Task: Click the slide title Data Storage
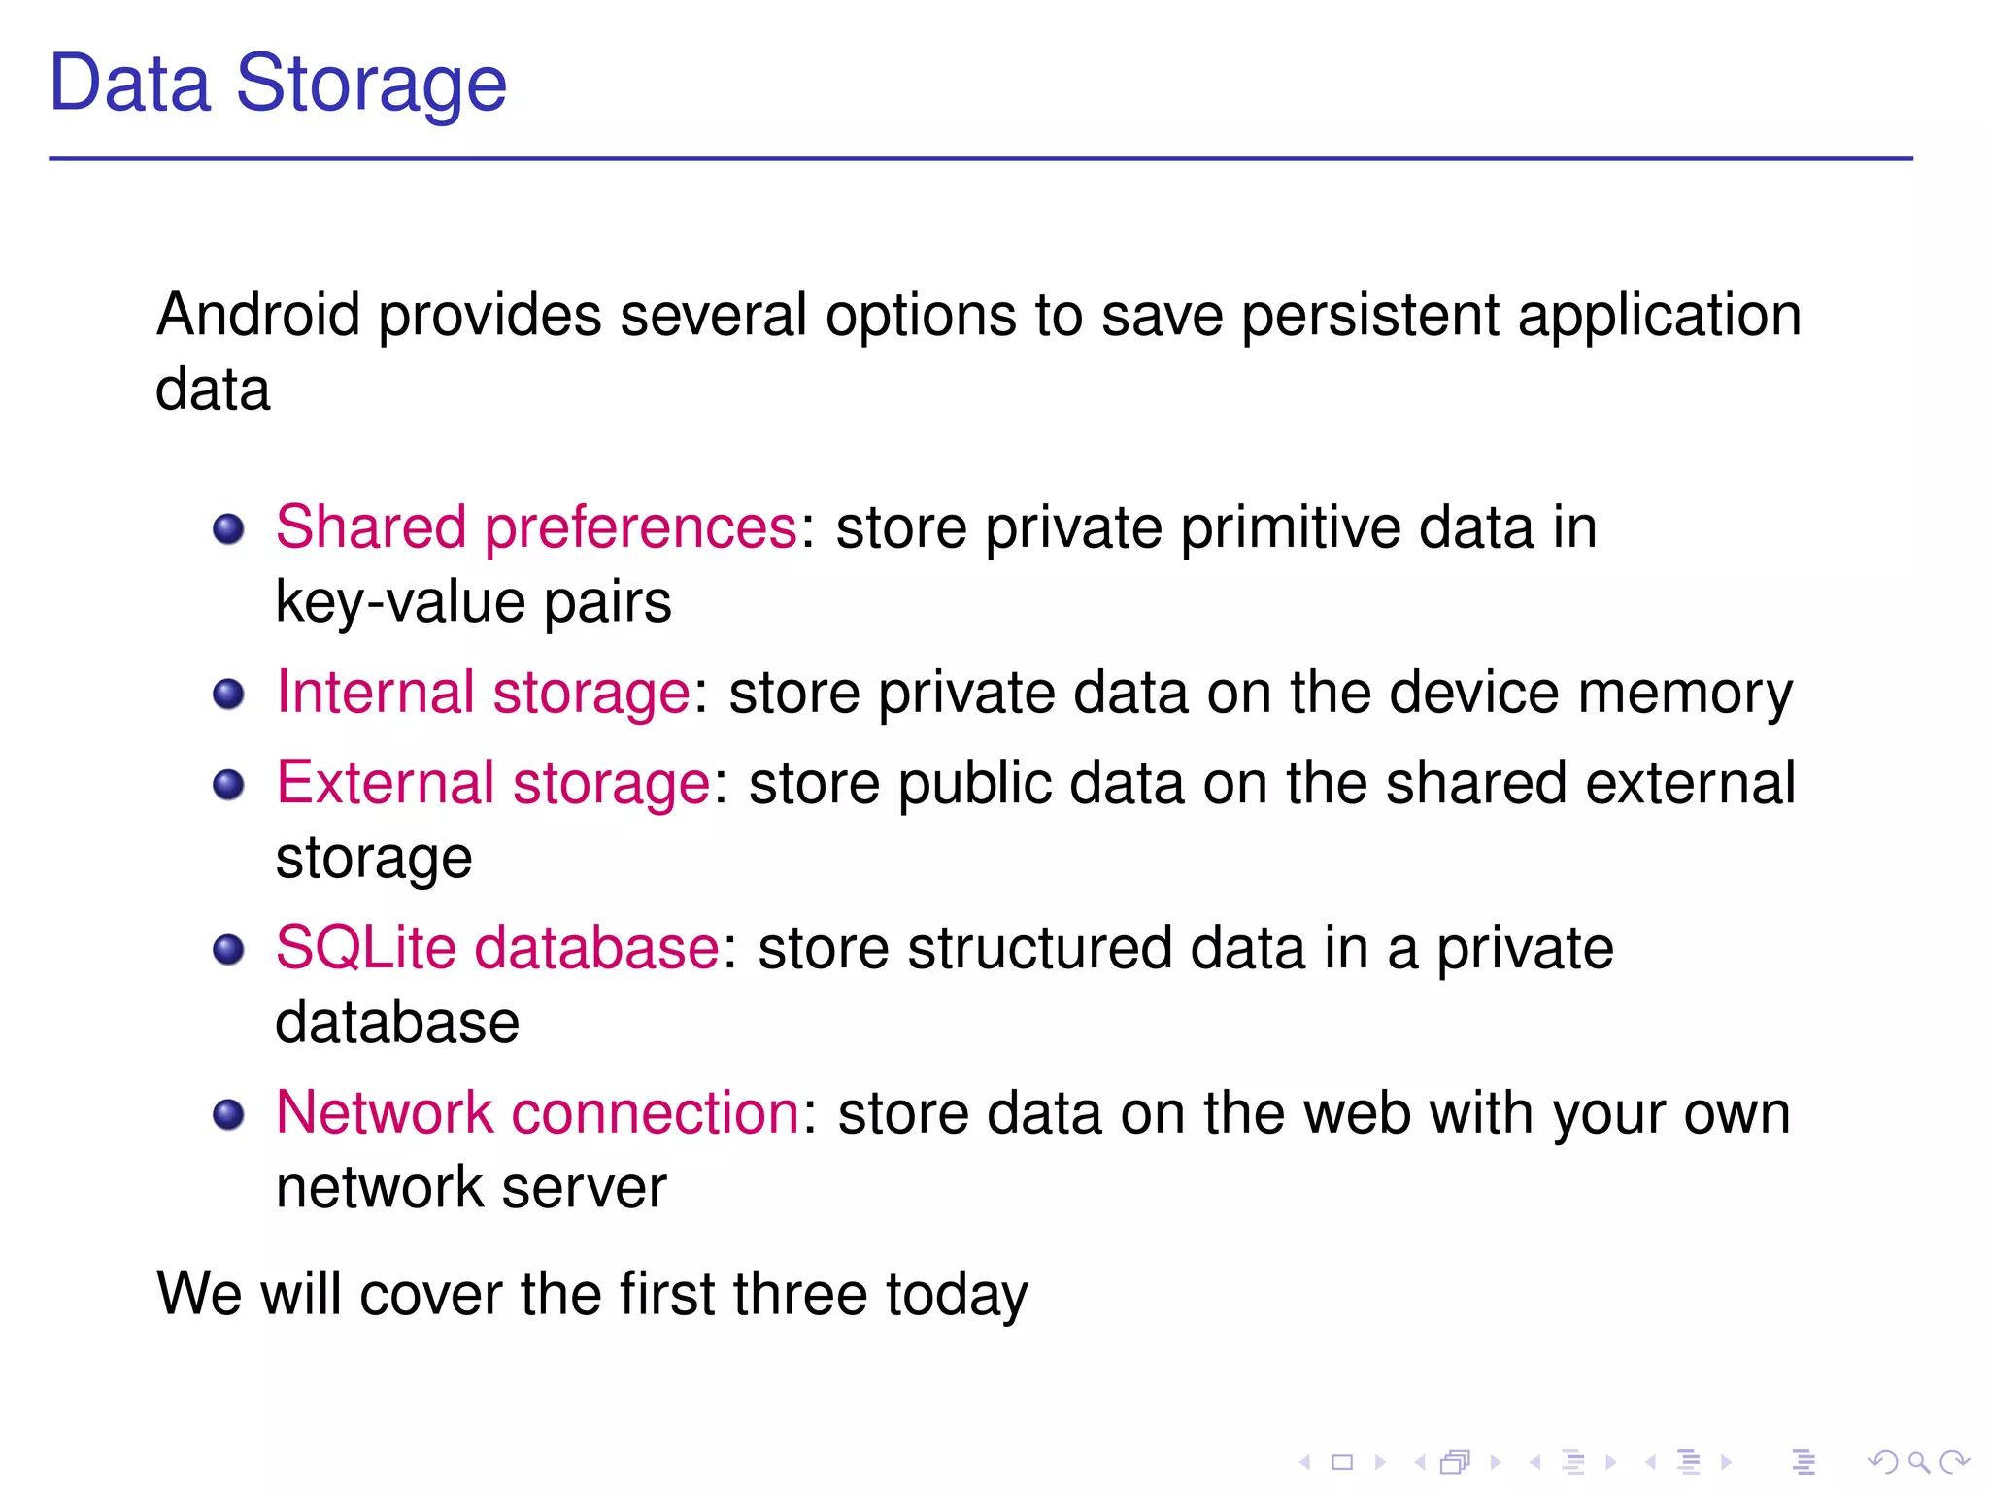pyautogui.click(x=278, y=84)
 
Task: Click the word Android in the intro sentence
pyautogui.click(x=257, y=316)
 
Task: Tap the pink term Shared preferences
pyautogui.click(x=536, y=528)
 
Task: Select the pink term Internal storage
pyautogui.click(x=484, y=694)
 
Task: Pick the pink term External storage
pyautogui.click(x=493, y=784)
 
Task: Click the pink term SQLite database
pyautogui.click(x=497, y=949)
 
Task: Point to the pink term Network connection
pyautogui.click(x=537, y=1113)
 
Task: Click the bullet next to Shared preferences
pyautogui.click(x=228, y=529)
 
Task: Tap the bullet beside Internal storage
pyautogui.click(x=228, y=695)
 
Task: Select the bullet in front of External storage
pyautogui.click(x=228, y=785)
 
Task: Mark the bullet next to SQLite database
pyautogui.click(x=228, y=950)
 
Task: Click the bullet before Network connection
pyautogui.click(x=228, y=1114)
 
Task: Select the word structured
pyautogui.click(x=1039, y=949)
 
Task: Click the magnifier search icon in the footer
pyautogui.click(x=1918, y=1462)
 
